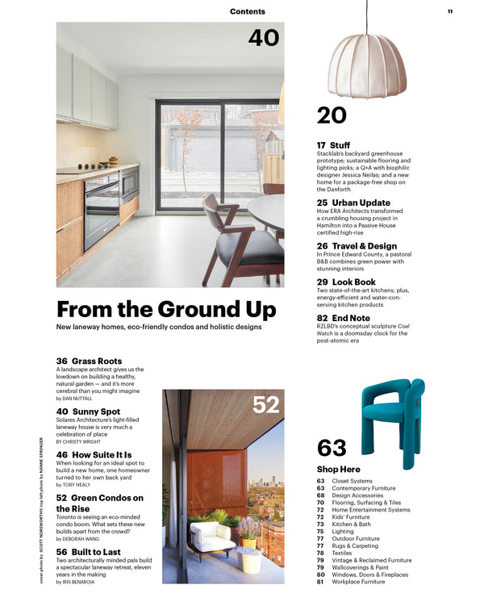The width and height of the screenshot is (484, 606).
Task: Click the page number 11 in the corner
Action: point(450,11)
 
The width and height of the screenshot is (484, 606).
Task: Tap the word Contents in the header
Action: point(247,11)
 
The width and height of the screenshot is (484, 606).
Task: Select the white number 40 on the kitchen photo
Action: point(263,37)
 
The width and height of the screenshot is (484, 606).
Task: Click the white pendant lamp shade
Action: point(366,64)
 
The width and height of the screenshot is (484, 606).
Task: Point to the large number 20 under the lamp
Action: point(332,116)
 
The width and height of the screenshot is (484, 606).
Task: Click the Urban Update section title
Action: point(353,203)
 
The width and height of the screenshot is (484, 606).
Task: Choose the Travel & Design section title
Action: point(357,246)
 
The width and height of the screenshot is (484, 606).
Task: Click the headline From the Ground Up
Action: point(165,310)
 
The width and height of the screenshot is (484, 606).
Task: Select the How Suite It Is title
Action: point(94,455)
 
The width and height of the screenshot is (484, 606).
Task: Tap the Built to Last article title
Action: point(89,550)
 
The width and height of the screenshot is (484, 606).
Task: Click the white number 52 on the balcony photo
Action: point(265,405)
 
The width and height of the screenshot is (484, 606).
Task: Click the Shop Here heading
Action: point(339,469)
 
